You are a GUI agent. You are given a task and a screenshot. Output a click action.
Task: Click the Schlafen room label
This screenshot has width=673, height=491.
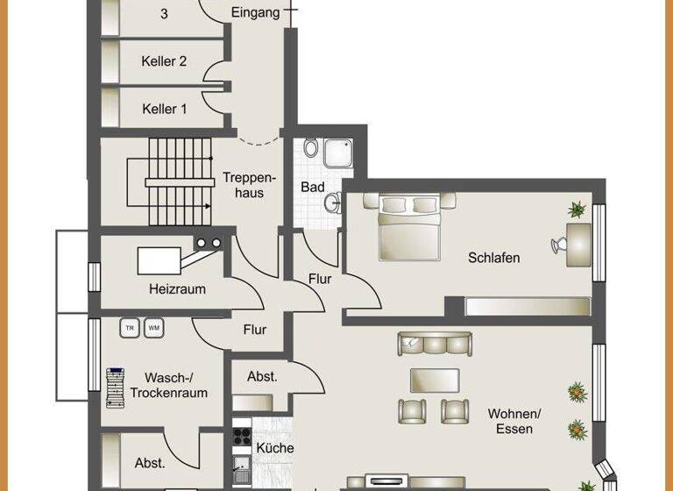tap(493, 258)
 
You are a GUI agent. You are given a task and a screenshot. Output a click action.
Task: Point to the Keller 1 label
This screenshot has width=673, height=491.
tap(164, 110)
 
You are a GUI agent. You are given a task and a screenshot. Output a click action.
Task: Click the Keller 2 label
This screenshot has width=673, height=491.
tap(164, 61)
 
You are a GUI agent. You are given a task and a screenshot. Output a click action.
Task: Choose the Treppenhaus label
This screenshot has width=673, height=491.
tap(243, 185)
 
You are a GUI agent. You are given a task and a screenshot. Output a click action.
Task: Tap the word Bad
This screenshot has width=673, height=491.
tap(313, 188)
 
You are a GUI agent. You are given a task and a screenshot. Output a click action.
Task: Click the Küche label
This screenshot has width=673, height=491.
tap(273, 448)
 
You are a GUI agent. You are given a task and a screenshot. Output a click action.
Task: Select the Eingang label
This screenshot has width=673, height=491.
tap(256, 12)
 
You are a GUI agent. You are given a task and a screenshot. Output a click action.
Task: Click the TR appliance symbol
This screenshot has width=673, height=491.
tap(130, 328)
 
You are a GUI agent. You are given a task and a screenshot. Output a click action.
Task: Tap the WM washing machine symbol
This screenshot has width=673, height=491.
tap(153, 328)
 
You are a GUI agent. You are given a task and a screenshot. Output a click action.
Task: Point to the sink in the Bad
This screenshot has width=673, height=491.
tap(331, 204)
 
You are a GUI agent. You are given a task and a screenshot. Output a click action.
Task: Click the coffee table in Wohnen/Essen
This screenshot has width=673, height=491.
tap(436, 380)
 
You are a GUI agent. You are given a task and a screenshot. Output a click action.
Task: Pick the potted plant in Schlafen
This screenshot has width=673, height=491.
tap(577, 210)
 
